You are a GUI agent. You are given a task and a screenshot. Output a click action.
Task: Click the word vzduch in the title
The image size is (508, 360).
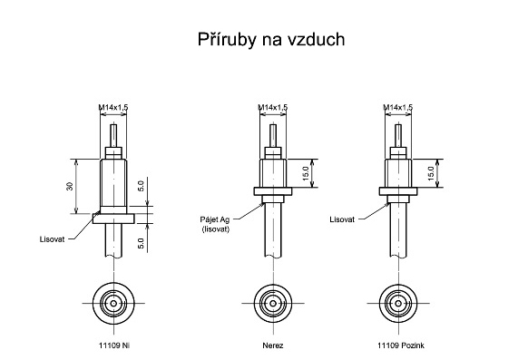(x=316, y=39)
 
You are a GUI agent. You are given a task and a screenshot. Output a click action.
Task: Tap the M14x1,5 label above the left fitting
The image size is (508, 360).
(x=113, y=107)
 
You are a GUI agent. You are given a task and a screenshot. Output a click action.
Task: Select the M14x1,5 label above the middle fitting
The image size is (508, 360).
(x=273, y=107)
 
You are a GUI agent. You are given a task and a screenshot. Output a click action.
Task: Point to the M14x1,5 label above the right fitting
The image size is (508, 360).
(x=398, y=107)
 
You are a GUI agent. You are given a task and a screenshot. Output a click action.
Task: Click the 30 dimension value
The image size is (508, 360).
(x=70, y=186)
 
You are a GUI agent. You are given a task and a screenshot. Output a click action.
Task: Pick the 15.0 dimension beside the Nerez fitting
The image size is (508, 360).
(x=305, y=173)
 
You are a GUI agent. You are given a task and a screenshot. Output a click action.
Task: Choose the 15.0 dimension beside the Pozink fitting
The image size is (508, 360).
(x=431, y=173)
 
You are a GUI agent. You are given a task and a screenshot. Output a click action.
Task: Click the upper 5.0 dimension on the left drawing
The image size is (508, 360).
(x=141, y=186)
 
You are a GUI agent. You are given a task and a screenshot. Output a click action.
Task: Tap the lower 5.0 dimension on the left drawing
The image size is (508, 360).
(x=141, y=243)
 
